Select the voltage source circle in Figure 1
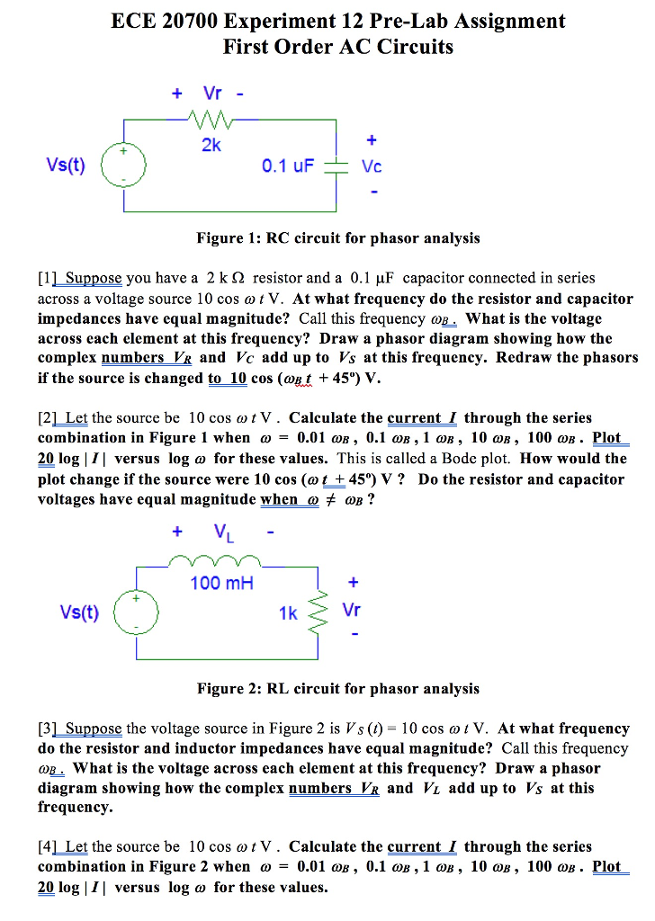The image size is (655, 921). pos(123,167)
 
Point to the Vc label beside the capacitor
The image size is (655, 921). pos(372,167)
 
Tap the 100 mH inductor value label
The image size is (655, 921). pos(221,584)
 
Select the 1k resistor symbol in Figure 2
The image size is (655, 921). pos(318,612)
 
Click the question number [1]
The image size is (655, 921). pos(48,279)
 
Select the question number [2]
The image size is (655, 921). pos(48,418)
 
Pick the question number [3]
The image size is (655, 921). pos(48,729)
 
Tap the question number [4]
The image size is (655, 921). pos(48,847)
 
